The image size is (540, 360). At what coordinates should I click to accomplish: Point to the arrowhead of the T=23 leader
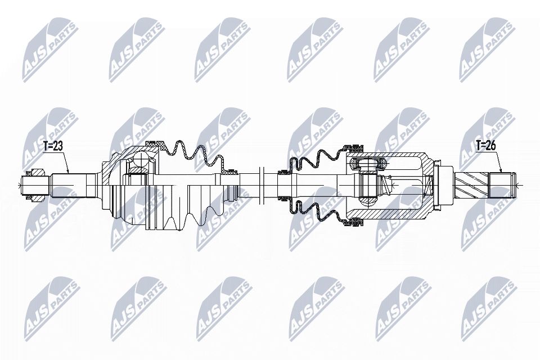point(68,172)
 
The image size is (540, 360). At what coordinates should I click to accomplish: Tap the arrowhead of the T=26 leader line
point(501,172)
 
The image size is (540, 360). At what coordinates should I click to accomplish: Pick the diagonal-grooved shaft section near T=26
point(473,185)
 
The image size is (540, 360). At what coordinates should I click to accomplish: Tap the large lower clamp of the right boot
point(353,222)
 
